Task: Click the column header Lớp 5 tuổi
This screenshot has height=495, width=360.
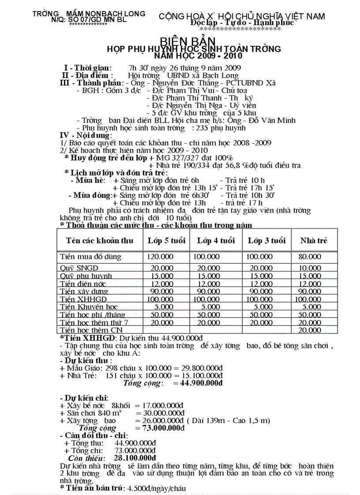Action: pyautogui.click(x=166, y=241)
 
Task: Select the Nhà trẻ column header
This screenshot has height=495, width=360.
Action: pyautogui.click(x=314, y=241)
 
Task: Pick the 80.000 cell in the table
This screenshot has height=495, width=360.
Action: pyautogui.click(x=310, y=257)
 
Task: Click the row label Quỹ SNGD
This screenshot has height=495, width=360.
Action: pyautogui.click(x=79, y=268)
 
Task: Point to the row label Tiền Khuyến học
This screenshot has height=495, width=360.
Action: pyautogui.click(x=89, y=307)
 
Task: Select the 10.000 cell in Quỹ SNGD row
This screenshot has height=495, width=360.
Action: pyautogui.click(x=310, y=268)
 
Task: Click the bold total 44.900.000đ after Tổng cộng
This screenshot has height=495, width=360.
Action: pyautogui.click(x=199, y=383)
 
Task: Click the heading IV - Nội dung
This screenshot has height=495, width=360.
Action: pyautogui.click(x=86, y=135)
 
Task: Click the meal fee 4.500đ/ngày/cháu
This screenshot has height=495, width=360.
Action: pyautogui.click(x=156, y=489)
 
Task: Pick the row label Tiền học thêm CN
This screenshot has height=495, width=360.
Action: pyautogui.click(x=91, y=330)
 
